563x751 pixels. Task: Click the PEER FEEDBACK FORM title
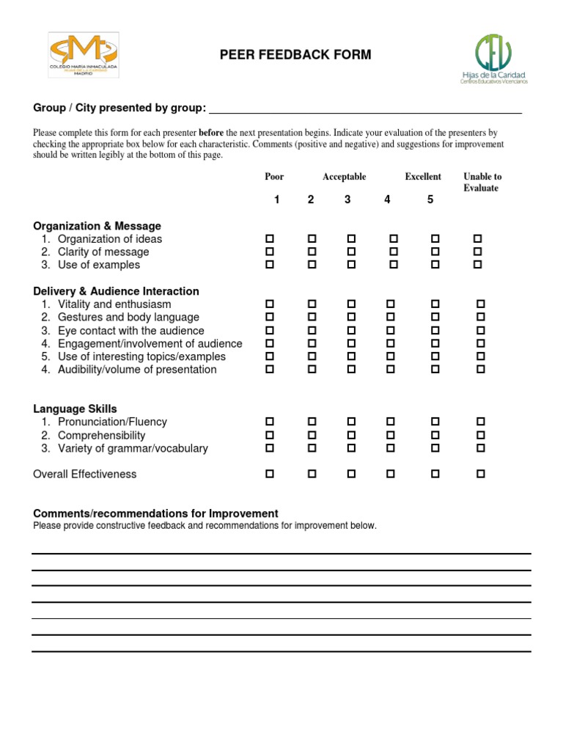295,55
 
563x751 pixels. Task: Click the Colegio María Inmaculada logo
83,55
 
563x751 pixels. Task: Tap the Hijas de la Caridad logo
493,59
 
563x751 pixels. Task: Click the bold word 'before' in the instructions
212,133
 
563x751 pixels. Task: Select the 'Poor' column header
274,177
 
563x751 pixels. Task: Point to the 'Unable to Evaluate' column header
482,183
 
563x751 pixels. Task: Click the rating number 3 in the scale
347,200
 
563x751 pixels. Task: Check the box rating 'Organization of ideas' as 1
270,239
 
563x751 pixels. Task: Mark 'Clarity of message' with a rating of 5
435,252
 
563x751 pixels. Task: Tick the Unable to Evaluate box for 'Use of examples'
478,264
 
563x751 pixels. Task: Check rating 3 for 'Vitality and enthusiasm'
350,304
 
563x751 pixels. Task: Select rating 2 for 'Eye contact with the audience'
312,330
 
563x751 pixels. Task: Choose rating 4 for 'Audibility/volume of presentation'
390,370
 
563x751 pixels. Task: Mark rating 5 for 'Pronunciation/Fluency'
435,422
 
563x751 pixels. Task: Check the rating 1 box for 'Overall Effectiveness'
270,475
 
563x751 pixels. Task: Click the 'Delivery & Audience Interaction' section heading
116,291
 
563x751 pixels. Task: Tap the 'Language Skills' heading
75,409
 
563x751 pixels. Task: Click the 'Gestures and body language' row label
128,318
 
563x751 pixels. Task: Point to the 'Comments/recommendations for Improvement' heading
155,513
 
